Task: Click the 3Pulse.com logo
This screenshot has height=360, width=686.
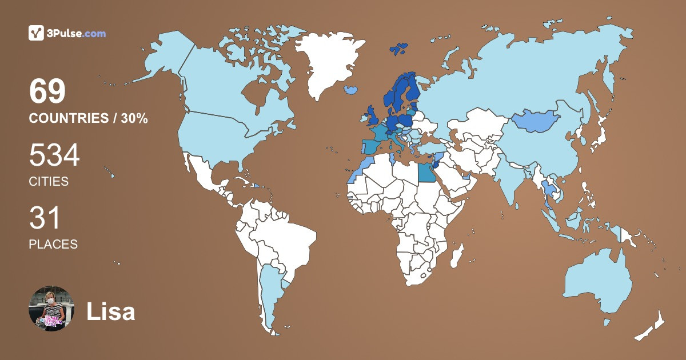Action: coord(67,33)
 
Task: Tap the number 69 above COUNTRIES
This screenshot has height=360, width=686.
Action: coord(47,91)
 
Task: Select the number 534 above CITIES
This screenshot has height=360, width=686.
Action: coord(54,155)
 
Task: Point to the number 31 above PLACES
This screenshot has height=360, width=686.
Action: coord(45,218)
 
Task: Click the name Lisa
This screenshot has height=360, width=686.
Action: coord(110,312)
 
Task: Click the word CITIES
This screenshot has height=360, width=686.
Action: coord(49,182)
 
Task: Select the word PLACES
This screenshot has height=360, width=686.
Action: coord(53,244)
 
